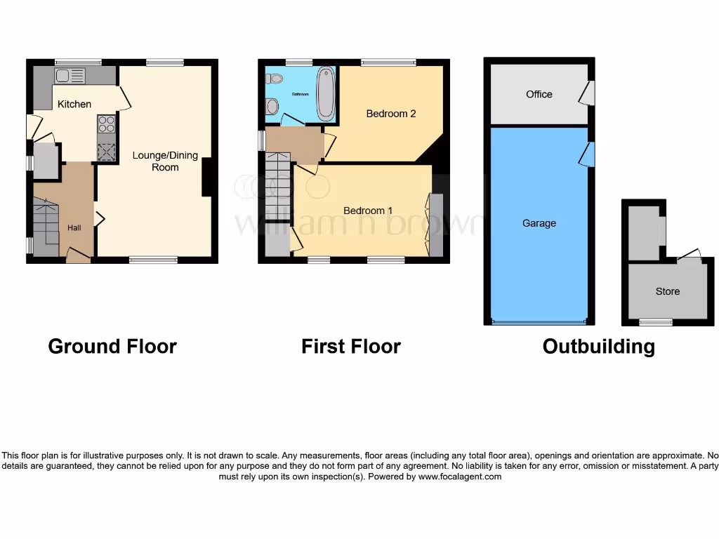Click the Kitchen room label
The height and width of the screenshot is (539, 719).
pyautogui.click(x=74, y=104)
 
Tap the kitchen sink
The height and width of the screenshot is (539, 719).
pyautogui.click(x=70, y=75)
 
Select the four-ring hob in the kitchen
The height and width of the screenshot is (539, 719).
pyautogui.click(x=106, y=124)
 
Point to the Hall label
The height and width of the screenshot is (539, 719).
pyautogui.click(x=74, y=228)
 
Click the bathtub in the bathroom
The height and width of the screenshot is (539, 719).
pyautogui.click(x=326, y=93)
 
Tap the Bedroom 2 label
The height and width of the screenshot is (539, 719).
pyautogui.click(x=391, y=113)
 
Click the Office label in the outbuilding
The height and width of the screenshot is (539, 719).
pyautogui.click(x=539, y=94)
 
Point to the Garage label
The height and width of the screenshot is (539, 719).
pyautogui.click(x=539, y=223)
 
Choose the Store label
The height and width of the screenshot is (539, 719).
pyautogui.click(x=668, y=291)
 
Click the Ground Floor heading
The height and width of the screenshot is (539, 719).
pyautogui.click(x=112, y=346)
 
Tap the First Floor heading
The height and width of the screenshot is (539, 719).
pyautogui.click(x=351, y=346)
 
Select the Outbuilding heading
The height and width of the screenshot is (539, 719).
pyautogui.click(x=599, y=346)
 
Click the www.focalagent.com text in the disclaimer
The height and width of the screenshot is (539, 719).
pyautogui.click(x=460, y=477)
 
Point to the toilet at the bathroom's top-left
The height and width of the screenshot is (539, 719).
pyautogui.click(x=274, y=79)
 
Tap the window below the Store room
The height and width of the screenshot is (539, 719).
pyautogui.click(x=655, y=322)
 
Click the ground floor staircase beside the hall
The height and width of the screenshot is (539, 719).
pyautogui.click(x=45, y=227)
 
